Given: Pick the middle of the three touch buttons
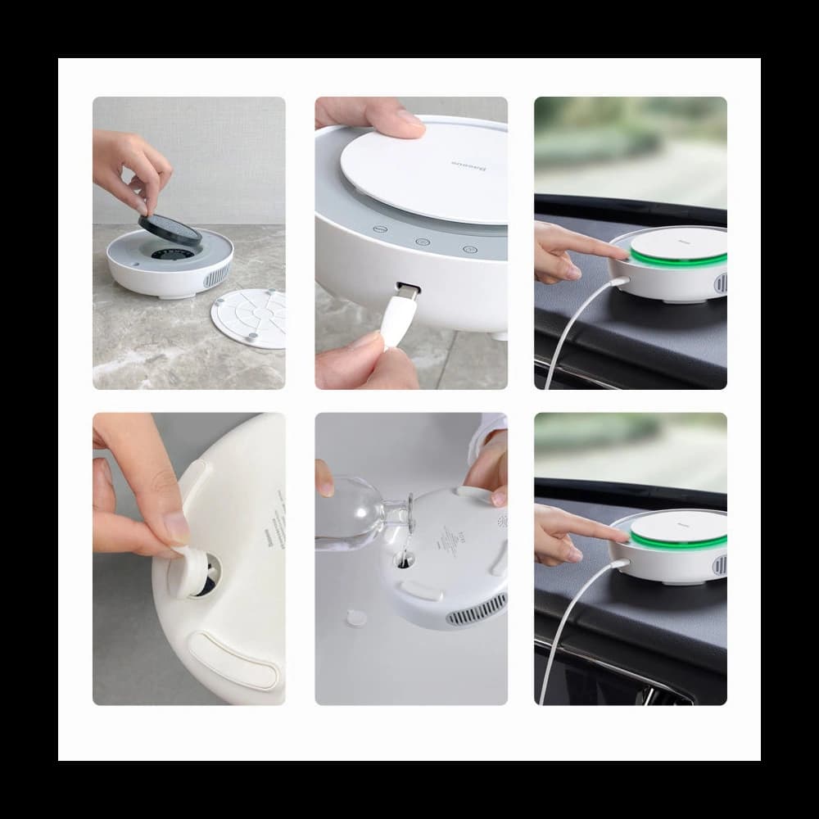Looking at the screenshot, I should pyautogui.click(x=422, y=242).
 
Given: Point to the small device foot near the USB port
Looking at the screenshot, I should pyautogui.click(x=499, y=336).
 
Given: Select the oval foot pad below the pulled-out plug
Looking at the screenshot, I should pyautogui.click(x=234, y=659).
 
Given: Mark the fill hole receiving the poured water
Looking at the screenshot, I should pyautogui.click(x=404, y=559).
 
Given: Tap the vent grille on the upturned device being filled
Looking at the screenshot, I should pyautogui.click(x=475, y=610).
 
